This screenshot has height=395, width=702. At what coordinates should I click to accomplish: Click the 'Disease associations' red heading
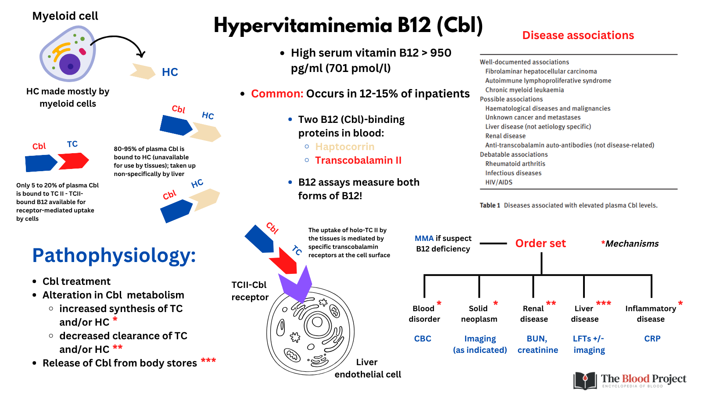(x=578, y=36)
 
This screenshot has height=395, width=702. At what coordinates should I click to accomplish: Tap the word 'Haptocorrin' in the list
(x=345, y=147)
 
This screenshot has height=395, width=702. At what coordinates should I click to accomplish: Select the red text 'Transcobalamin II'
(x=358, y=160)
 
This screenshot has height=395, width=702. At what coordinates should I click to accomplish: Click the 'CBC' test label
(x=423, y=339)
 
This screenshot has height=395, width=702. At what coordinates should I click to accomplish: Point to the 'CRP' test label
(x=652, y=339)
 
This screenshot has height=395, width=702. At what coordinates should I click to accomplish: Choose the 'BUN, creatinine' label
(x=537, y=345)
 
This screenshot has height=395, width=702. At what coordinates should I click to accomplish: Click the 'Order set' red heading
(x=541, y=244)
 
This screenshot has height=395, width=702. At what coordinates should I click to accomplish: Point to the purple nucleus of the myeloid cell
(x=70, y=65)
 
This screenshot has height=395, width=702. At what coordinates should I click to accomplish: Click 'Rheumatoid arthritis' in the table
(x=515, y=164)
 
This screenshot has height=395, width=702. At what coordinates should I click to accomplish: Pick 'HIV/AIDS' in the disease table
(x=498, y=182)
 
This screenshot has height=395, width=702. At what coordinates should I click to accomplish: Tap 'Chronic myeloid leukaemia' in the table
(x=524, y=90)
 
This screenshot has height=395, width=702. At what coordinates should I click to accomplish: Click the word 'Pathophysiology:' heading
(x=114, y=255)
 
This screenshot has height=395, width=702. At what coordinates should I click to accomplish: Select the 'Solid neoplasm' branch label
(x=479, y=314)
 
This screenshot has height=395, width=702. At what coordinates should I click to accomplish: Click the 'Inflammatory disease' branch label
(x=651, y=314)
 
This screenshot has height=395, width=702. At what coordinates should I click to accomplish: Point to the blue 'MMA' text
(x=424, y=238)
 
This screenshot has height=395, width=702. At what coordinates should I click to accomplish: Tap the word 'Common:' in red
(x=277, y=94)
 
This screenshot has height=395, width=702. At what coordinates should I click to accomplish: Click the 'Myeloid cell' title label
(x=65, y=16)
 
